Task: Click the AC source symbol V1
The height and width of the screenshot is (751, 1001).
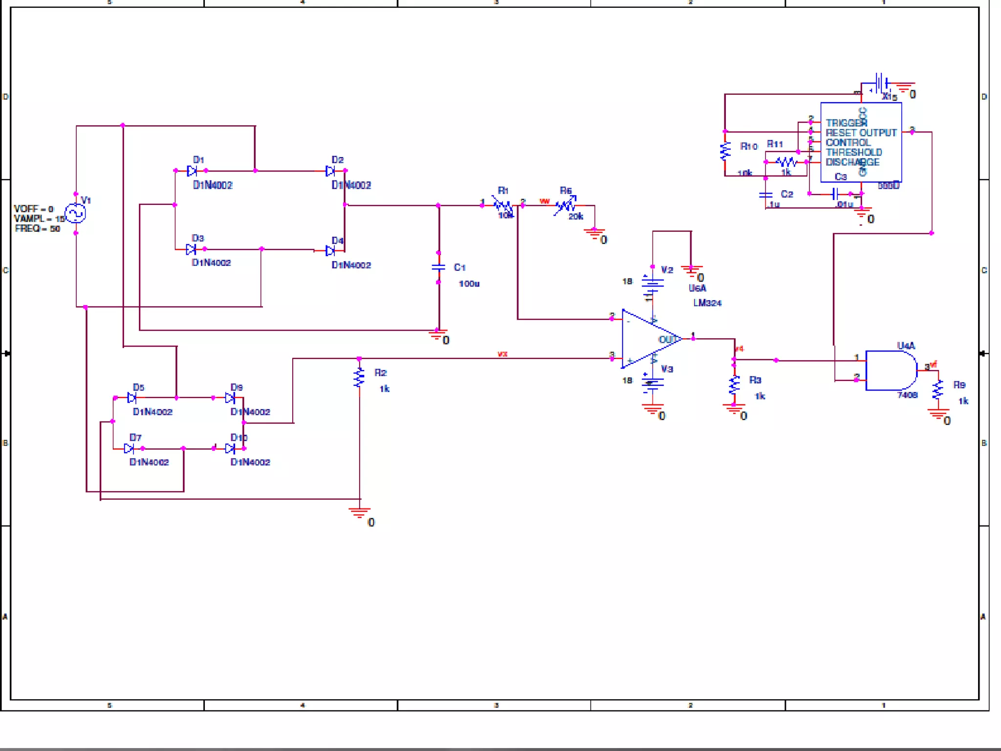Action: click(x=75, y=214)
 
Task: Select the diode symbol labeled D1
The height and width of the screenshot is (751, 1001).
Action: click(x=192, y=171)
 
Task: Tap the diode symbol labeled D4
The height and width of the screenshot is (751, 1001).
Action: click(x=330, y=251)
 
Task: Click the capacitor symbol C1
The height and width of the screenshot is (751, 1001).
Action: click(x=438, y=267)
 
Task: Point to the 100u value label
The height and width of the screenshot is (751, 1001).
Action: click(x=469, y=284)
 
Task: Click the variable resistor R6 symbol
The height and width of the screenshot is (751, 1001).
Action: click(x=566, y=205)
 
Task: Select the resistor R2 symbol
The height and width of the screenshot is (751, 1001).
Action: click(x=359, y=377)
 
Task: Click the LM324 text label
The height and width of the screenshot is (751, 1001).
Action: click(x=707, y=303)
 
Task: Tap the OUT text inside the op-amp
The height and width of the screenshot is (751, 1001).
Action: click(x=668, y=339)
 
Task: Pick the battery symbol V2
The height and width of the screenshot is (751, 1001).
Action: click(x=653, y=284)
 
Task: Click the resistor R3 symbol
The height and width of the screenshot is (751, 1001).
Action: click(x=734, y=385)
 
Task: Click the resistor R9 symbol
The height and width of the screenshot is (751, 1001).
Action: click(x=937, y=390)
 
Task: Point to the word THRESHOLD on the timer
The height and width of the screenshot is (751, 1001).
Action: click(x=853, y=153)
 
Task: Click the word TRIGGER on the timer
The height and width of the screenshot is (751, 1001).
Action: click(x=846, y=123)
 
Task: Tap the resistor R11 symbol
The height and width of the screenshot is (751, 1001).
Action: click(x=786, y=162)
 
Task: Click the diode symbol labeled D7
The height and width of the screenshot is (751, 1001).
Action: click(x=129, y=448)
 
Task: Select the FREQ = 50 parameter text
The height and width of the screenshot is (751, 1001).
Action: click(x=38, y=229)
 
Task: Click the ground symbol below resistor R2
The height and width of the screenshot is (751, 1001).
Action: click(x=359, y=512)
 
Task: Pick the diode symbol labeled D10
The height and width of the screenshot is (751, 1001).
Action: click(x=230, y=448)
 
